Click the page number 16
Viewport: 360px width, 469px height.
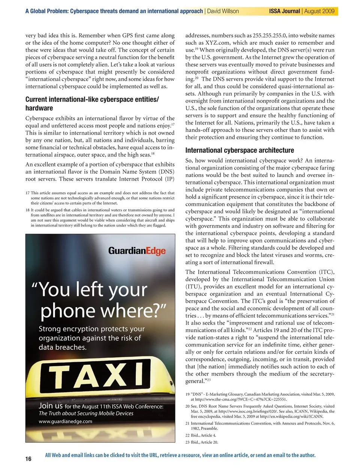coord(28,459)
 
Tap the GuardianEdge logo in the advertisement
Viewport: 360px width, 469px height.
coord(137,250)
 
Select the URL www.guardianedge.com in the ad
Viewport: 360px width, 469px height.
coord(65,421)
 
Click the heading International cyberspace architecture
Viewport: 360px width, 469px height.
coord(240,150)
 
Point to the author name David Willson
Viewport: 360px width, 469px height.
coord(223,11)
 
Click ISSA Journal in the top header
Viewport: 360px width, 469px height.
coord(284,11)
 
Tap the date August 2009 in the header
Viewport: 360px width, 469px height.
coord(319,11)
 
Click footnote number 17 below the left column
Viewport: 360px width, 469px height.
coord(27,193)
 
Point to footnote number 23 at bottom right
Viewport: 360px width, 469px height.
coord(187,442)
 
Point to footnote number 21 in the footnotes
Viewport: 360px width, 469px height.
coord(187,423)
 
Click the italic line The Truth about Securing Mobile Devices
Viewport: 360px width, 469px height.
coord(86,414)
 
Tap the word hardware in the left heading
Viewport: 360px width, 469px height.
coord(39,108)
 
